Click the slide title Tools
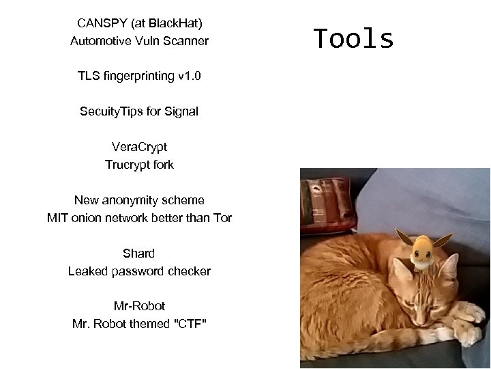click(354, 40)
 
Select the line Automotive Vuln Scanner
click(139, 41)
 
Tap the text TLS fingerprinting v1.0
click(139, 76)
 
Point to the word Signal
click(181, 111)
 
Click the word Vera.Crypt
click(139, 147)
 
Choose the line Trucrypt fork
click(139, 165)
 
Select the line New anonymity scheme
click(139, 200)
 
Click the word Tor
click(221, 218)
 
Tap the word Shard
click(139, 254)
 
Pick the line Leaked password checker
click(139, 271)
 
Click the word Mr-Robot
click(139, 306)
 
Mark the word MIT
click(57, 218)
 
